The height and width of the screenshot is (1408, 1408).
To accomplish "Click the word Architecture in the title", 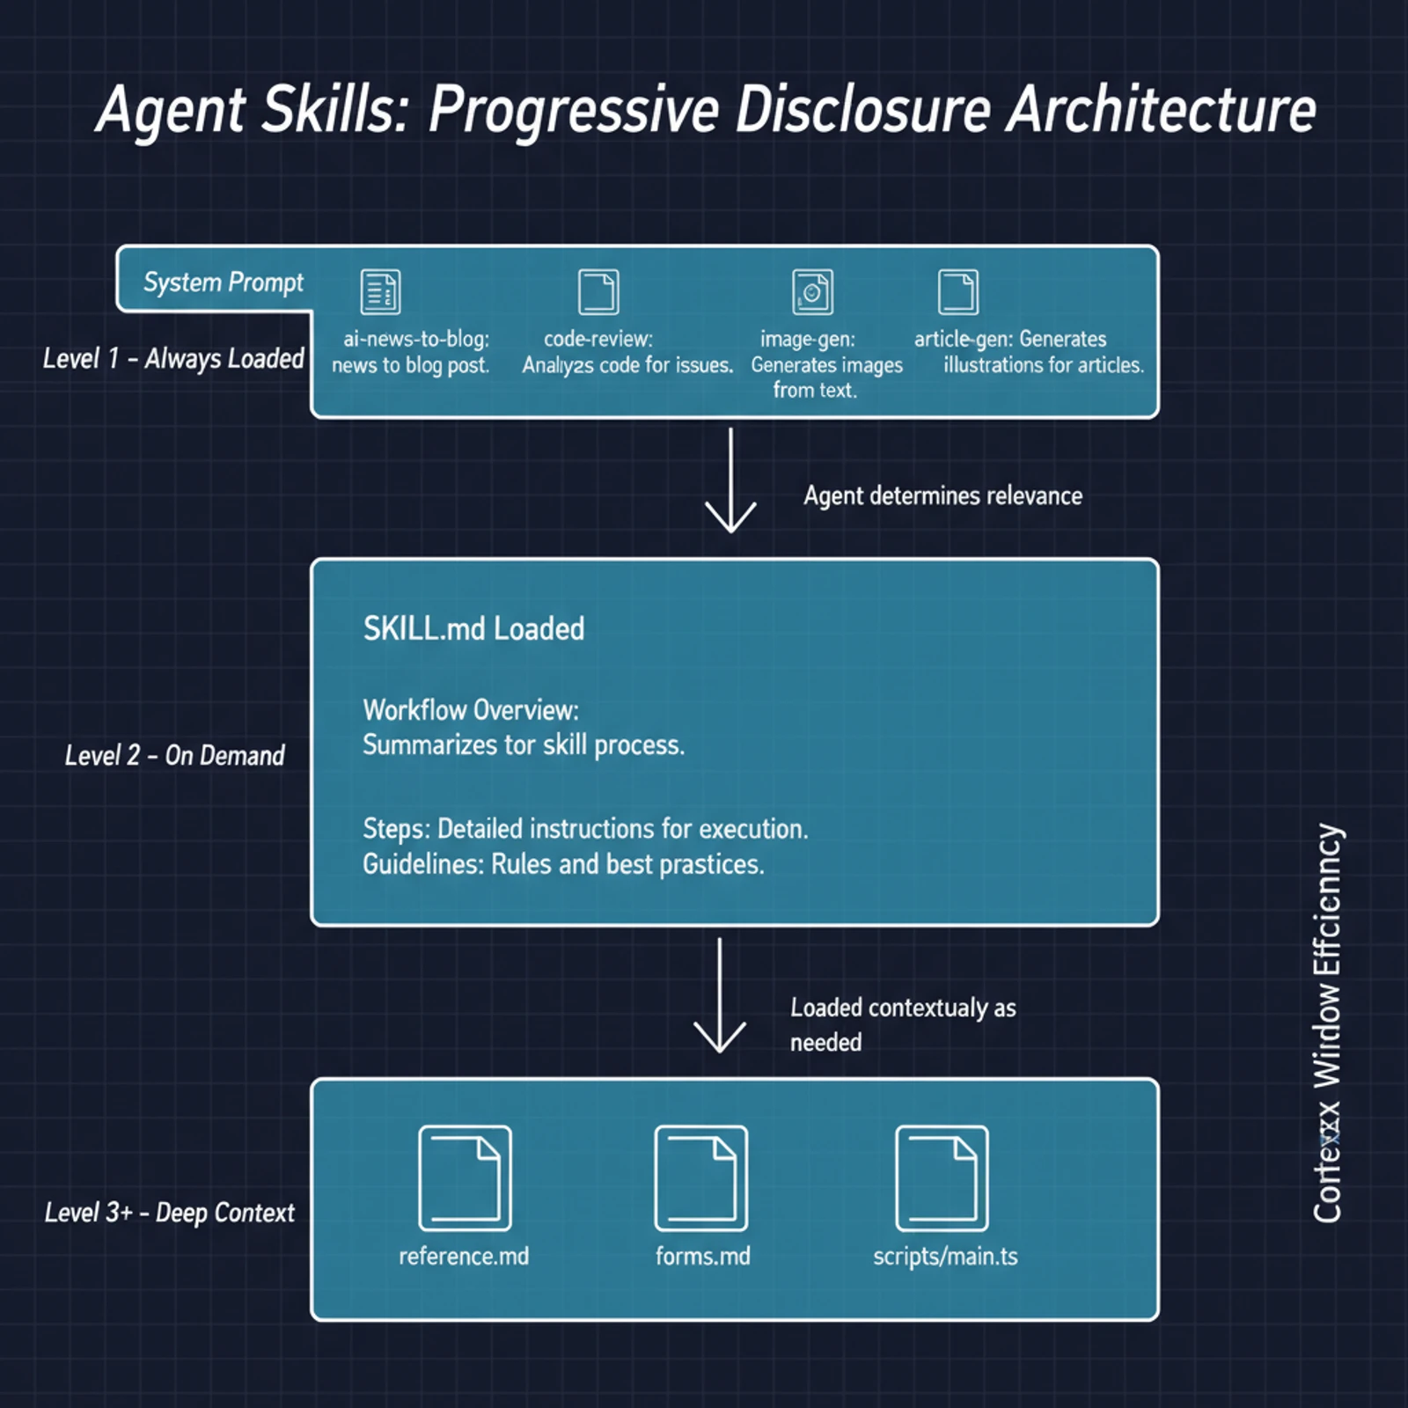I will point(1161,110).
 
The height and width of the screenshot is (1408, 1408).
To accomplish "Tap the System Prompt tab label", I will point(223,282).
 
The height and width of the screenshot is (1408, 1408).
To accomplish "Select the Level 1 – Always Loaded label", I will point(173,358).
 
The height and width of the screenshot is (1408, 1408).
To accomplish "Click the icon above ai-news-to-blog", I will point(380,292).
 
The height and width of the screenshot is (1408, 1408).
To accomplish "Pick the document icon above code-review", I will point(598,292).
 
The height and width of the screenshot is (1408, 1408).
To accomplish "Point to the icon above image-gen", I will point(812,292).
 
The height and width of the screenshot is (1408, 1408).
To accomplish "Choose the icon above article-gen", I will point(957,292).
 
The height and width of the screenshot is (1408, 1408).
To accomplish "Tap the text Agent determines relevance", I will point(942,495).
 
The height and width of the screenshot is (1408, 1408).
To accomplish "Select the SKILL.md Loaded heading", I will point(473,629).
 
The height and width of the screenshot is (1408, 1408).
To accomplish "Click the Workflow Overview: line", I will point(471,710).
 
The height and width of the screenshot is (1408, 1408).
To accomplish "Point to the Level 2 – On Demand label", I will point(174,755).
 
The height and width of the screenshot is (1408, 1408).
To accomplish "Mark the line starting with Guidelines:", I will point(563,864).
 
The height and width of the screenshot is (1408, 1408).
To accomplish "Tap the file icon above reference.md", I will point(465,1178).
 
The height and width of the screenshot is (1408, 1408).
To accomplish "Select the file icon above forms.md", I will point(701,1178).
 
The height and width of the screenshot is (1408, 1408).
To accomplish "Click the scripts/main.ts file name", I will point(945,1256).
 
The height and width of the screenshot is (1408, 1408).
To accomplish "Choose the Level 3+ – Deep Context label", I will point(170,1213).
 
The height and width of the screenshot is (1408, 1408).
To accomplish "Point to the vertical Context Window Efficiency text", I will point(1327,1023).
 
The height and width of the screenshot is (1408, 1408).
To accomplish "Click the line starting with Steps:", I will point(585,829).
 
